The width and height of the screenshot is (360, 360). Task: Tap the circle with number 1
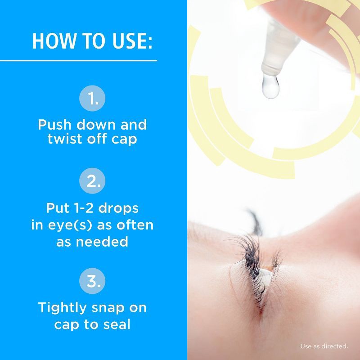92,99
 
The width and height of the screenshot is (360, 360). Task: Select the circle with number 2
92,182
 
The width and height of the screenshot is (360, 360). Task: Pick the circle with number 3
92,281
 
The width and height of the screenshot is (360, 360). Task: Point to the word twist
67,139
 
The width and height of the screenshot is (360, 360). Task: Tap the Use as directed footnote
324,346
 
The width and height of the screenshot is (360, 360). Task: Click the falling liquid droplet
270,86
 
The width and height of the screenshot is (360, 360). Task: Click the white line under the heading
79,60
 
